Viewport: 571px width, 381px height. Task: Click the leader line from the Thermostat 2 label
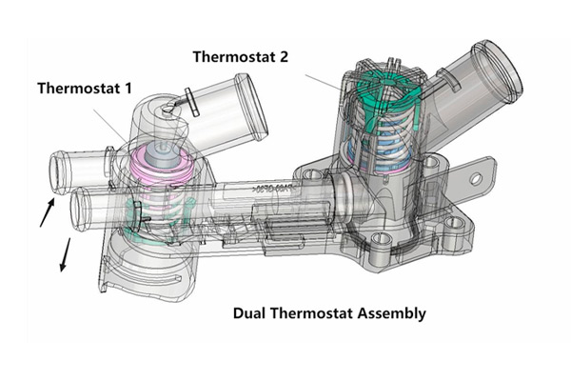click(x=329, y=83)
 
